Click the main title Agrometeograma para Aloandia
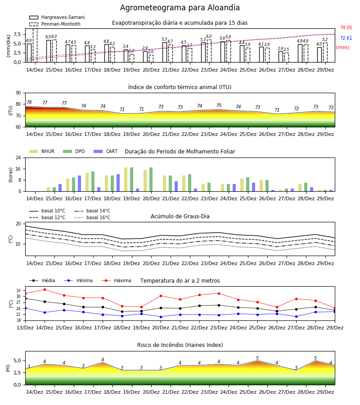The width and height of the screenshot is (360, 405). [180, 8]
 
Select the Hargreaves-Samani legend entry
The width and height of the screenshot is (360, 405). [57, 17]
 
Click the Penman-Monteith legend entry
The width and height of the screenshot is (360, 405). [55, 24]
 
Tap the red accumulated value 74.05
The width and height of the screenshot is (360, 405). [346, 27]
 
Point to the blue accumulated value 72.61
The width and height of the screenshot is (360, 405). [346, 38]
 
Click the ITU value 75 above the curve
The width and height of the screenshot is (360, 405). [219, 105]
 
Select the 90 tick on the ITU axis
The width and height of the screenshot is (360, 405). [18, 93]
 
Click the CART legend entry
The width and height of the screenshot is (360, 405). [106, 151]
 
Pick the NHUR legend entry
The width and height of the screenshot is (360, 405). [42, 151]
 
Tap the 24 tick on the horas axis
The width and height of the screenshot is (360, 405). [18, 157]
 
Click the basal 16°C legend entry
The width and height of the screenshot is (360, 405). [92, 217]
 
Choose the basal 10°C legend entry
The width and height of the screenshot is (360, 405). [47, 211]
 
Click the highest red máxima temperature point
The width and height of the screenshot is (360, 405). [45, 289]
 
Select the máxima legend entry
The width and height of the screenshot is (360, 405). [117, 280]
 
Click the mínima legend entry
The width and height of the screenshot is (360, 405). [78, 280]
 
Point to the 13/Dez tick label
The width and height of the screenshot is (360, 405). [25, 328]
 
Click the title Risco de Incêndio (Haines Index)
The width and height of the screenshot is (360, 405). [180, 345]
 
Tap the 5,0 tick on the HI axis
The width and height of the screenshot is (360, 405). [17, 360]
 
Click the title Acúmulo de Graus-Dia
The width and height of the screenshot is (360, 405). [180, 216]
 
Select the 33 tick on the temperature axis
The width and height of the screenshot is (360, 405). [18, 291]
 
